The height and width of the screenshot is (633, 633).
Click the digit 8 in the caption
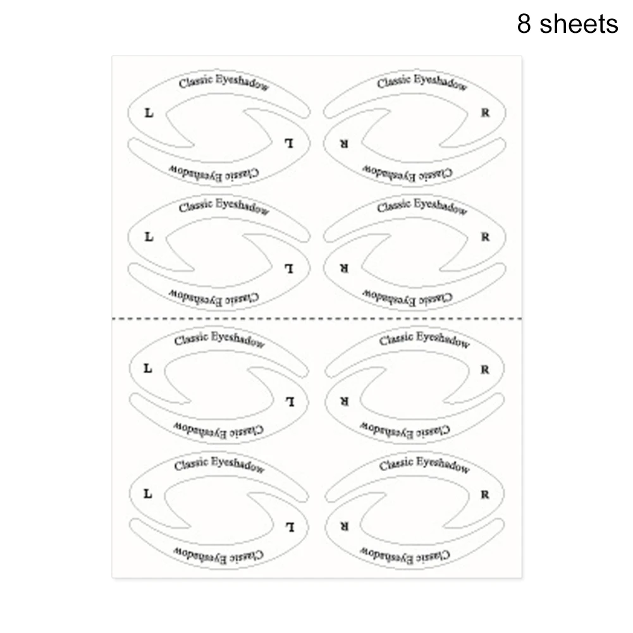coord(524,24)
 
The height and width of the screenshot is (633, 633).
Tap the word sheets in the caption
coord(579,24)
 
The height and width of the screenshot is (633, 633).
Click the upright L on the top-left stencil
coord(149,113)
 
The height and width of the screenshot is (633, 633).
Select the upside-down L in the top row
coord(288,144)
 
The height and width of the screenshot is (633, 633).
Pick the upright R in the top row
coord(485,113)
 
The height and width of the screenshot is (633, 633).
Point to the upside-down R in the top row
coord(343,144)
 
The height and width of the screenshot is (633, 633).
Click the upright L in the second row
coord(149,237)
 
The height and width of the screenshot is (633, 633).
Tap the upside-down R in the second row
coord(343,268)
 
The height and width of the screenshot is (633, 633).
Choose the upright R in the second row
coord(485,237)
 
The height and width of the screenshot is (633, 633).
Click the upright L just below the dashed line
coord(148,369)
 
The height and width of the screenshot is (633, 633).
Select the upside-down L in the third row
coord(290,402)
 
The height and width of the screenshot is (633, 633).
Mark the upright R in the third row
coord(484,369)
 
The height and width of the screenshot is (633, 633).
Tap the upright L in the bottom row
coord(148,494)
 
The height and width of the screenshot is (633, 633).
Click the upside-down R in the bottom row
coord(343,526)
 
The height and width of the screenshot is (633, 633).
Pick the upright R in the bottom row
coord(484,495)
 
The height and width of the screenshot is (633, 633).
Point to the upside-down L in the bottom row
coord(290,527)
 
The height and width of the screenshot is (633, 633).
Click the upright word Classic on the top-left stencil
coord(195,82)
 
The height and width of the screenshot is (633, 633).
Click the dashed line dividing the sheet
coord(317,319)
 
